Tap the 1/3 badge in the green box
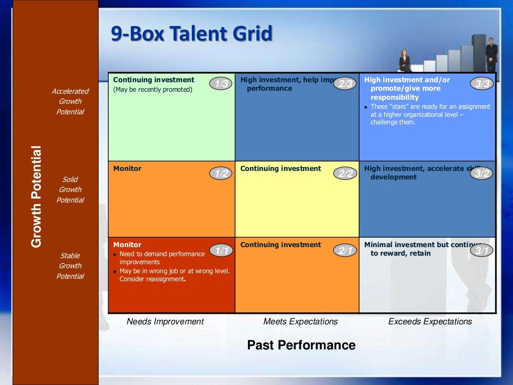tap(221, 84)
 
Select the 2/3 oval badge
tap(345, 84)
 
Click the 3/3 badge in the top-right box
tap(482, 84)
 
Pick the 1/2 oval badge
tap(221, 173)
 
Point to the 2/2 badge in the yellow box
tap(345, 173)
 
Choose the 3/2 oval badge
tap(482, 173)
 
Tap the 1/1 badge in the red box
tap(221, 250)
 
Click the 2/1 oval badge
tap(345, 251)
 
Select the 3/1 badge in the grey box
tap(482, 251)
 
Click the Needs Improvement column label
tap(165, 321)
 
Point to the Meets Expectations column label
tap(301, 321)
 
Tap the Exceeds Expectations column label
tap(430, 321)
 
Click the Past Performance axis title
tap(301, 345)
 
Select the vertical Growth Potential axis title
tap(36, 197)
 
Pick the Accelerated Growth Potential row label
tap(70, 101)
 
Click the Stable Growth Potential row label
tap(70, 266)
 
